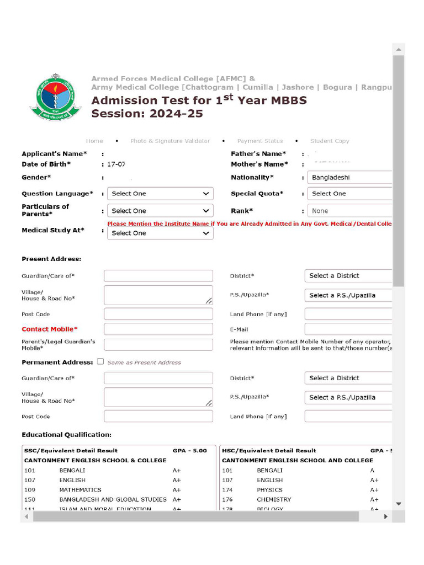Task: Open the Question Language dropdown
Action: coord(160,194)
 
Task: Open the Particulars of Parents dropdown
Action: coord(160,211)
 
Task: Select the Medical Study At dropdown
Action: coord(160,233)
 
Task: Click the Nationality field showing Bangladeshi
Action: coord(349,178)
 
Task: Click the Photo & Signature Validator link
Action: coord(170,141)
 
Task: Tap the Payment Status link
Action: coord(259,141)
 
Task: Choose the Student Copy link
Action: coord(330,141)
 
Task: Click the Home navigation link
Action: coord(94,141)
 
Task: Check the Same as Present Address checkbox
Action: coord(100,362)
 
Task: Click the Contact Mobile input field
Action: coord(158,329)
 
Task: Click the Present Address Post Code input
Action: coord(158,314)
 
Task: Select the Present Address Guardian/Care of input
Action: coord(158,276)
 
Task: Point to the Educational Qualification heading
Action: coord(66,435)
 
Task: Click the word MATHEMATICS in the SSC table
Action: coord(81,490)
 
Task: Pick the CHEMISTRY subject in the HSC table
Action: coord(274,499)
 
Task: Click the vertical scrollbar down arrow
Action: coord(399,504)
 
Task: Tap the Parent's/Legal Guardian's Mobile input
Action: coord(158,345)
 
